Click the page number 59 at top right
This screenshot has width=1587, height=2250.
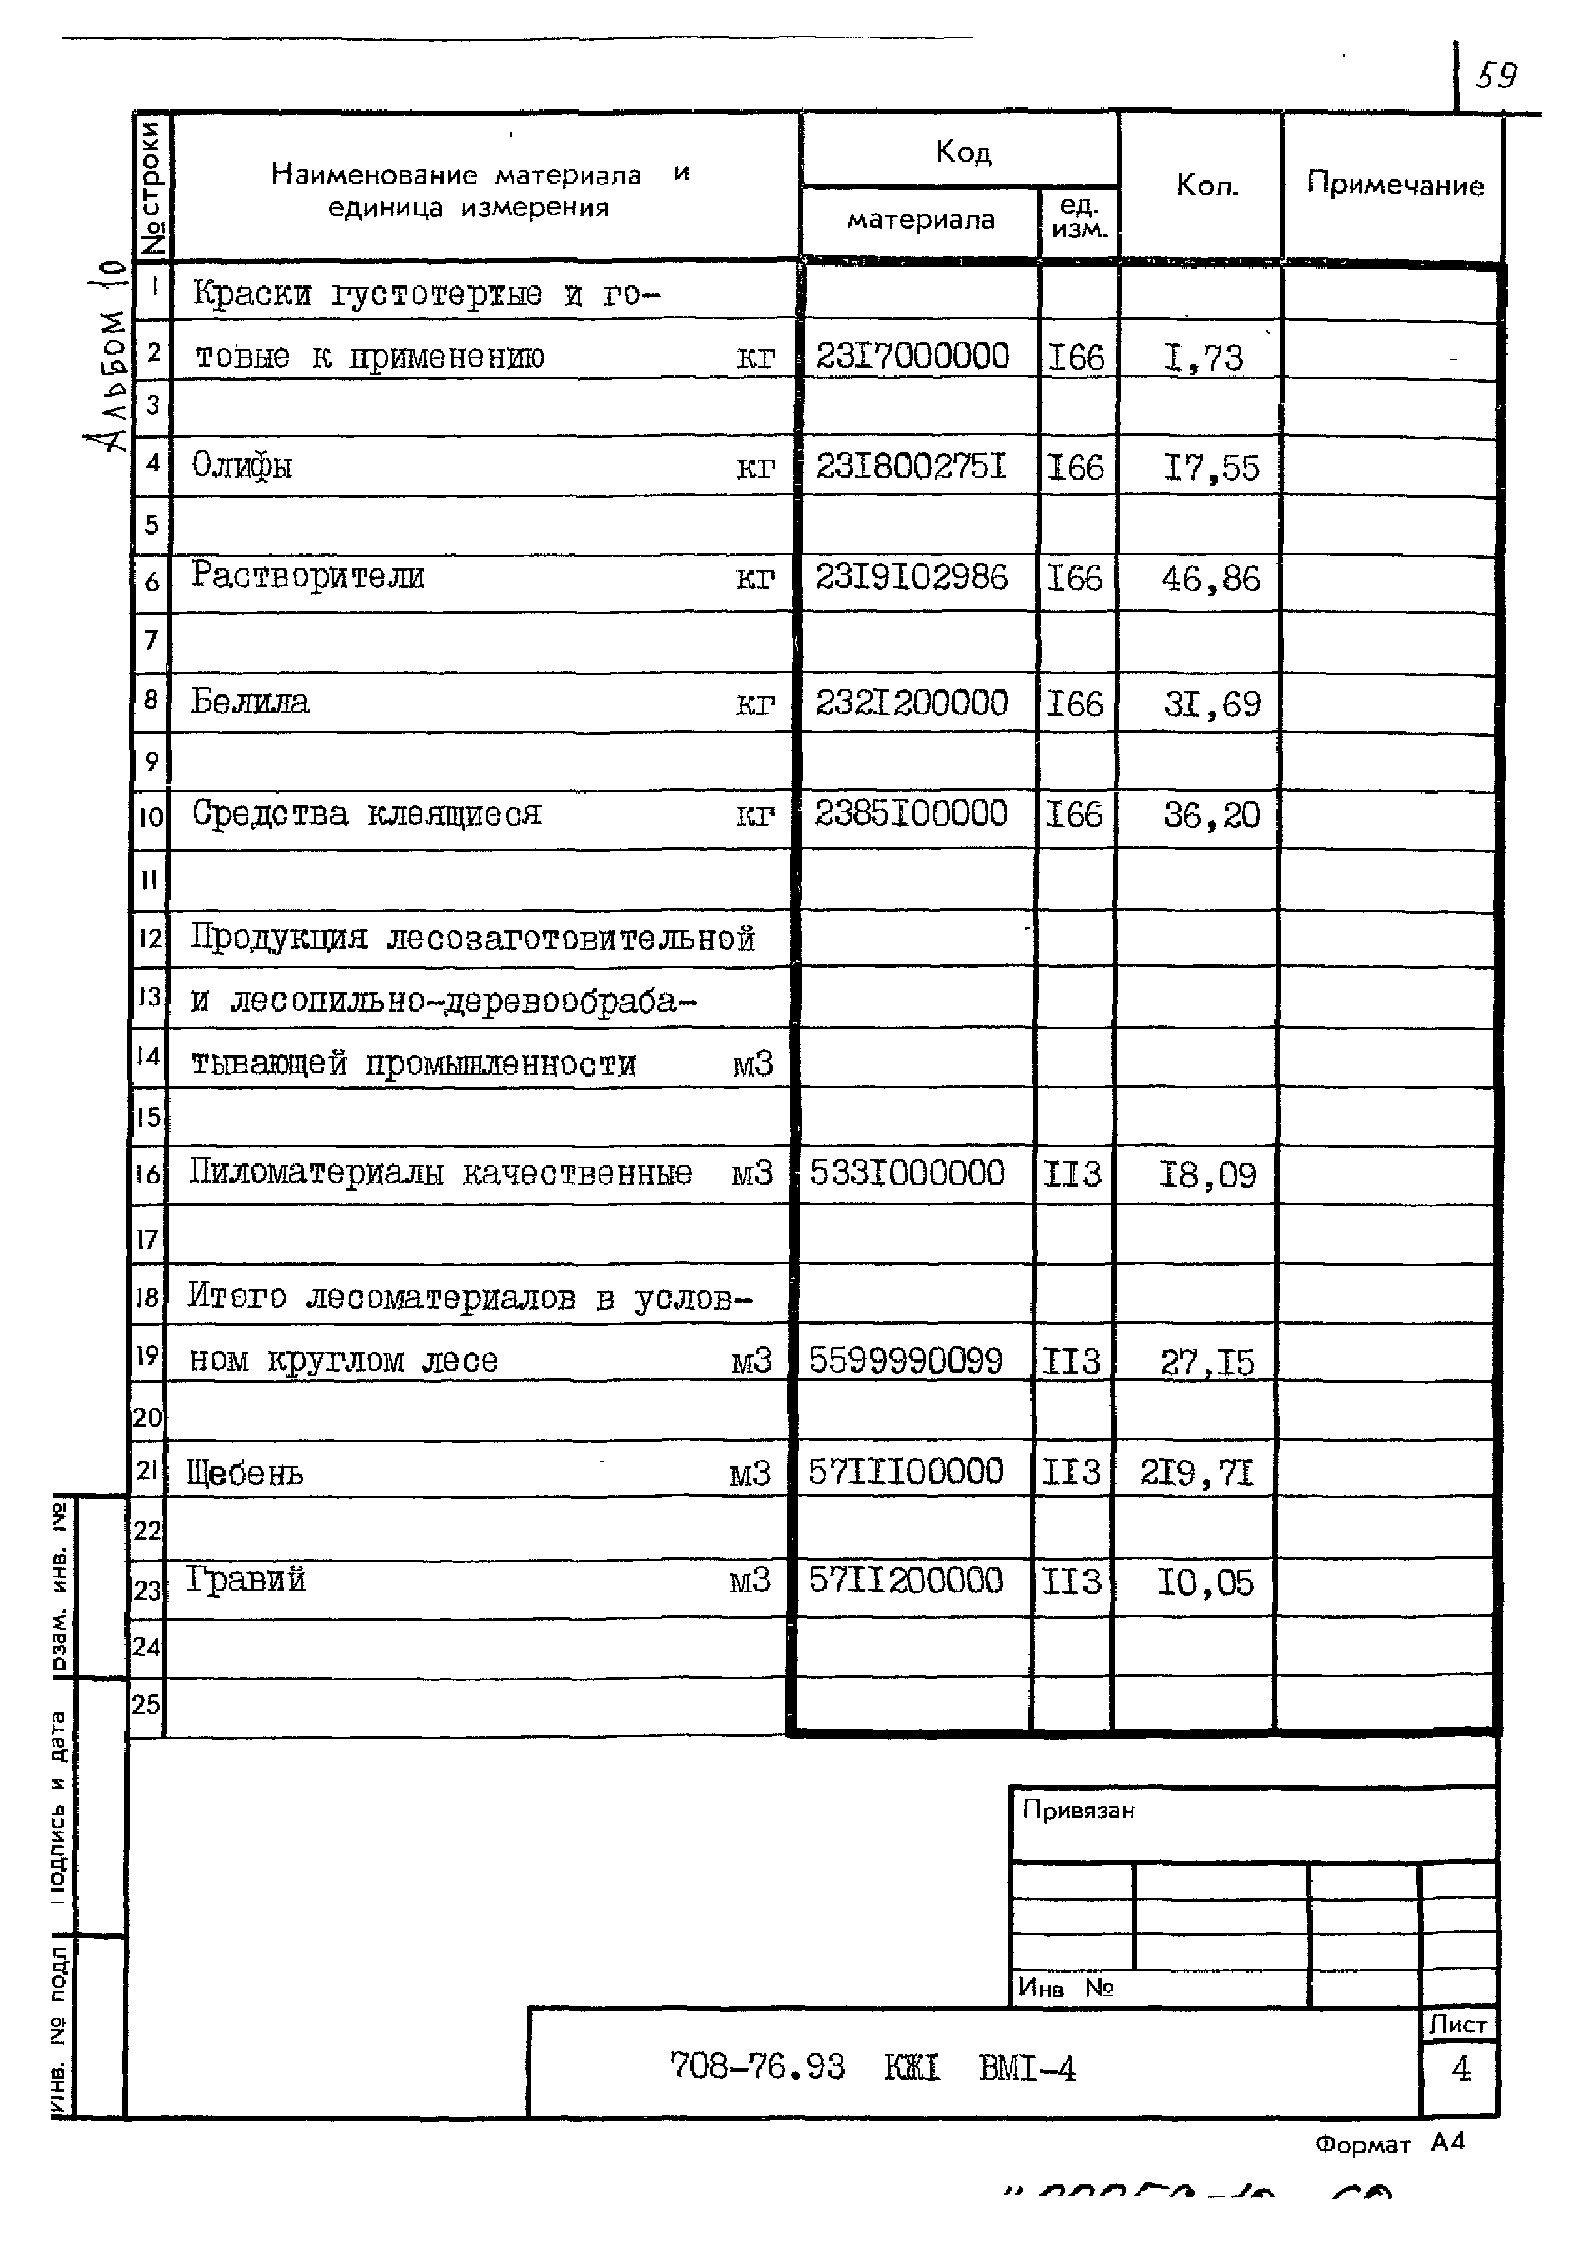(1497, 76)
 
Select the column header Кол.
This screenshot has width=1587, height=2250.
(1206, 185)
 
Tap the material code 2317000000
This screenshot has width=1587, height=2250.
(912, 356)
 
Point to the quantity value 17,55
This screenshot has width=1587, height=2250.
(1211, 468)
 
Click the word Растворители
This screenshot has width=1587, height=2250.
(308, 575)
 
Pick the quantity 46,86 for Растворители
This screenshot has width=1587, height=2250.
(1211, 578)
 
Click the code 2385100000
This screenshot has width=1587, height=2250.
(910, 813)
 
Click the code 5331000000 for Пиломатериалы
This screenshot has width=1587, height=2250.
(907, 1172)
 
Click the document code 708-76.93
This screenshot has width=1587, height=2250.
(757, 2068)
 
